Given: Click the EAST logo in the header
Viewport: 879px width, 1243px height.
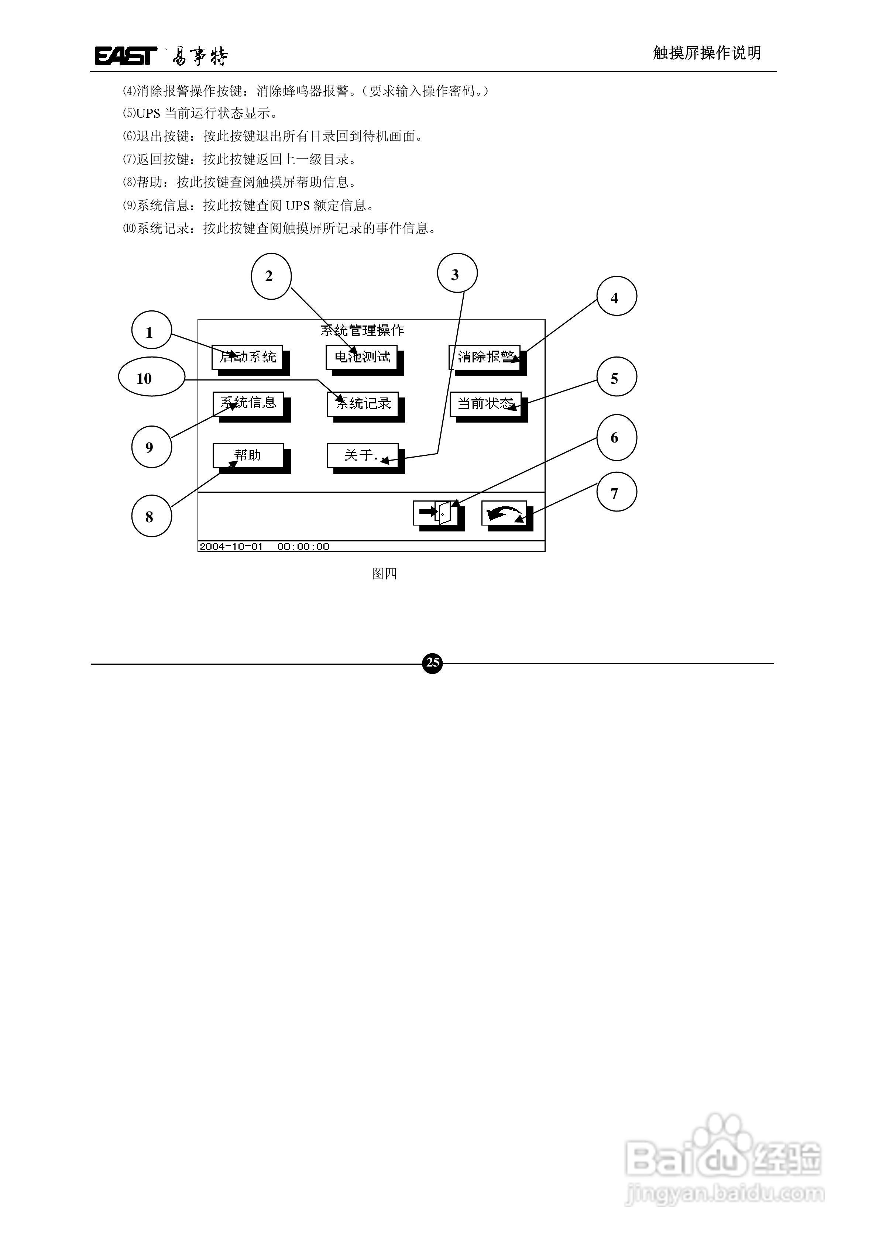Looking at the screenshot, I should click(x=126, y=56).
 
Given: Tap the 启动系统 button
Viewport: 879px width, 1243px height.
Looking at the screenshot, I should click(x=247, y=357).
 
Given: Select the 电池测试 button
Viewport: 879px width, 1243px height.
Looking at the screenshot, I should click(x=362, y=357).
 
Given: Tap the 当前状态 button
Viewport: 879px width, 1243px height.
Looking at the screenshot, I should click(x=485, y=404).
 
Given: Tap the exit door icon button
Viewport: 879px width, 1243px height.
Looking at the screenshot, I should click(x=435, y=513).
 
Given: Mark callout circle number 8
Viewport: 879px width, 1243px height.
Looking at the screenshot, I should click(x=151, y=516).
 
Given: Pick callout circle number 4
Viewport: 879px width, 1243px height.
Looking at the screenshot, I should click(x=616, y=297).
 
